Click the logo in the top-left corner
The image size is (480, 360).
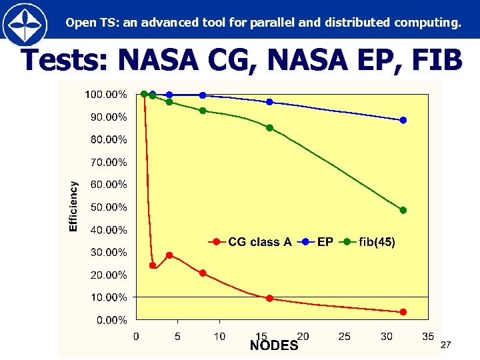25,25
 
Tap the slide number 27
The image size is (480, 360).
446,345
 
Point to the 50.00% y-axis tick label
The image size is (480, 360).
109,207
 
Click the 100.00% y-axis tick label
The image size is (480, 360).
106,95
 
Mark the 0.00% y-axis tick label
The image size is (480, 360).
111,320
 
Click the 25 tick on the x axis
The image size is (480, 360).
345,337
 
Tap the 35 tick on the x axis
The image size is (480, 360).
428,337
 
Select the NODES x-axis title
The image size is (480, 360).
273,346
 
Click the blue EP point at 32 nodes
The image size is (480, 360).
403,121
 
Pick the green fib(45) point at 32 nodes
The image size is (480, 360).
403,210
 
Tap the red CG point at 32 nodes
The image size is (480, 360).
403,312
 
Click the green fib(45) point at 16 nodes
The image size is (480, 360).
269,128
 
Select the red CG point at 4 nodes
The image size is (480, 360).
169,255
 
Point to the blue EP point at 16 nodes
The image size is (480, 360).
269,102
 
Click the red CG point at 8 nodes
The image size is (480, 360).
203,273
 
